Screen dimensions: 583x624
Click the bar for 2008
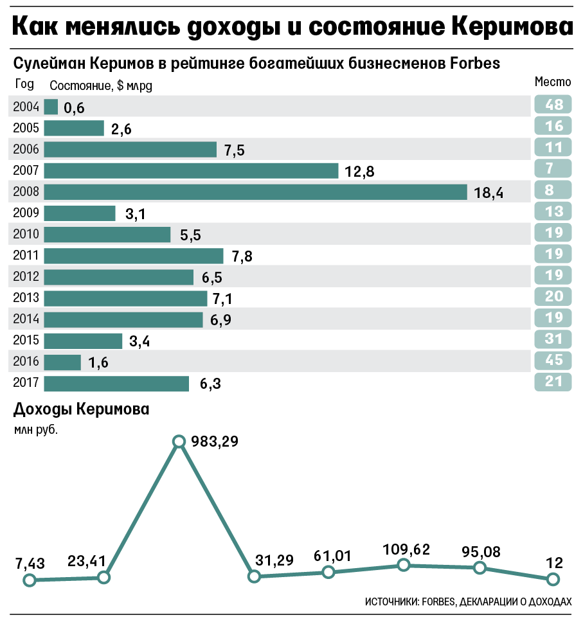(255, 192)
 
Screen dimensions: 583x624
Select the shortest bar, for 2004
(51, 107)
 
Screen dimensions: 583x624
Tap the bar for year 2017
(116, 384)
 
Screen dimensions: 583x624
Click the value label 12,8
(359, 172)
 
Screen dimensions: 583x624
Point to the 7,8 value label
(242, 256)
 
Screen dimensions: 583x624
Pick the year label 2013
(26, 298)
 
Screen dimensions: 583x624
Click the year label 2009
(26, 213)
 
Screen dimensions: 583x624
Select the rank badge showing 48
(553, 105)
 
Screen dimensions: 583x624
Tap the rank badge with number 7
(553, 168)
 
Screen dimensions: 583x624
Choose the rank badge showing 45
(553, 360)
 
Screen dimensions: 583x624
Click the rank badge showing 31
(553, 339)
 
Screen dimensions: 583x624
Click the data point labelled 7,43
(30, 580)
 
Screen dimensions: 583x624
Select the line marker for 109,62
(404, 565)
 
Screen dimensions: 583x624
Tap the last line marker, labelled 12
(553, 579)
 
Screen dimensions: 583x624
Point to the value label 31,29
(274, 560)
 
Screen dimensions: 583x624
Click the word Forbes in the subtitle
(475, 63)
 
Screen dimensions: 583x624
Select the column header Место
(553, 82)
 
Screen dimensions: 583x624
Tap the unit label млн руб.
(36, 430)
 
